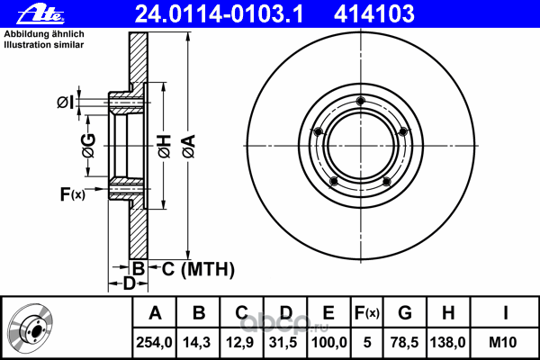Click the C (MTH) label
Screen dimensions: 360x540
(193, 268)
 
